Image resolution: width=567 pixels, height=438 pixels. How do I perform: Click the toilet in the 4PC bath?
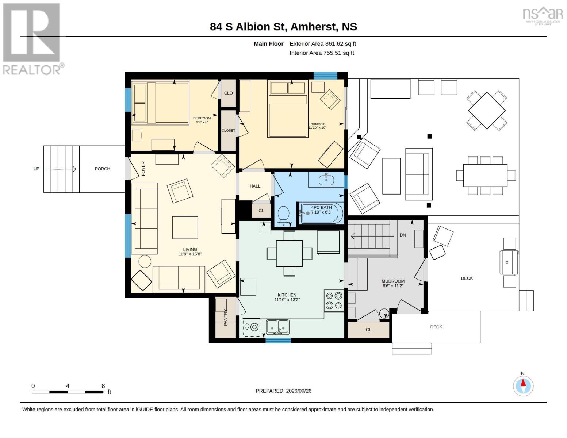coord(283,216)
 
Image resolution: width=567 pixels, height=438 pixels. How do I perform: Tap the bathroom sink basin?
coord(326,180)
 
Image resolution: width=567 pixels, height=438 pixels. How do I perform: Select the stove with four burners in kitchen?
coord(334,300)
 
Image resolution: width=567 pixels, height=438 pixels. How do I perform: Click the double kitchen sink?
coord(277,327)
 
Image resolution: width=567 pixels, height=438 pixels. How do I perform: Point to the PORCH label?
coord(102,169)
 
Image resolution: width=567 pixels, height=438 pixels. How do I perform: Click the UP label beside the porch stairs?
coord(36,169)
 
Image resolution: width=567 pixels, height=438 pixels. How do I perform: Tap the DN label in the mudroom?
coord(403,235)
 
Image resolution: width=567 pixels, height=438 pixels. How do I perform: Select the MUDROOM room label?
coord(393,281)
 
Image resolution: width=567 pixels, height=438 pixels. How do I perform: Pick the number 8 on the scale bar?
coord(103,386)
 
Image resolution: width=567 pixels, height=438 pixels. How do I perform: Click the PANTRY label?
coord(225,317)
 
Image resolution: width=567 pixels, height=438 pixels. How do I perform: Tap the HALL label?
coord(255,186)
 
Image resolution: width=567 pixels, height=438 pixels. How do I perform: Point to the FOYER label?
coord(143,169)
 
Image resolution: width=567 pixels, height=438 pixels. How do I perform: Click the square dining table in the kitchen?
coord(289,254)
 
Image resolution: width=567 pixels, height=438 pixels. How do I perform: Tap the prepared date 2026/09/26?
coord(299,391)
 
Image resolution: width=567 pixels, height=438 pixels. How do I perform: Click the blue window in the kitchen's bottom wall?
coord(278,341)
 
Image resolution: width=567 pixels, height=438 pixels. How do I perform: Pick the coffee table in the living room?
coord(185,227)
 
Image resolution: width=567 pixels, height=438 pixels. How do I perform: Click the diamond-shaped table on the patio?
coord(487,110)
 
